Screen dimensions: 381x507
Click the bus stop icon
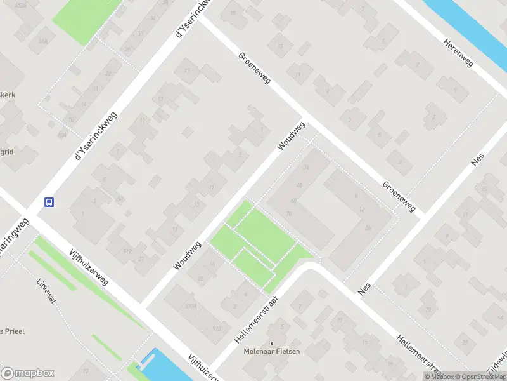[49, 203]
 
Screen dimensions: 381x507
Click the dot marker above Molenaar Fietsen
[272, 344]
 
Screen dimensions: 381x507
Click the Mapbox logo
[27, 373]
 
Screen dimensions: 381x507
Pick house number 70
[289, 214]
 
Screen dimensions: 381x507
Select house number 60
[294, 201]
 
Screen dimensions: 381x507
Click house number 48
[298, 185]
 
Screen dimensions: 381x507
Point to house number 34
[305, 168]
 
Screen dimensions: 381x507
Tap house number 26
[367, 228]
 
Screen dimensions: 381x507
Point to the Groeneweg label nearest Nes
[398, 196]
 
